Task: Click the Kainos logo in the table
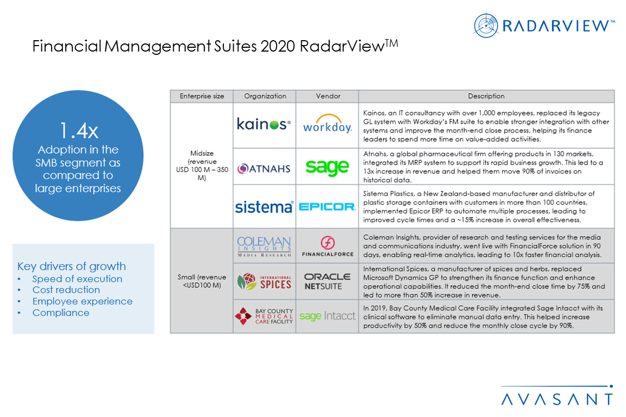(264, 124)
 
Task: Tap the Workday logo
(327, 124)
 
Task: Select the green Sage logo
(327, 167)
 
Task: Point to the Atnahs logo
(264, 168)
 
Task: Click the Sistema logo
(264, 207)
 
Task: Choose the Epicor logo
(327, 207)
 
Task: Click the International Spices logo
(264, 282)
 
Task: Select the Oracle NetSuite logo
(327, 281)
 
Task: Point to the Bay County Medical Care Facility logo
(264, 316)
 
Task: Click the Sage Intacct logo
(327, 316)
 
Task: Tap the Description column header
(486, 96)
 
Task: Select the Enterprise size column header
(202, 96)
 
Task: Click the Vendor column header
(328, 96)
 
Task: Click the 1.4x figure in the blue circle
(79, 131)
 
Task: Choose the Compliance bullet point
(61, 313)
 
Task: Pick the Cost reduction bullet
(66, 290)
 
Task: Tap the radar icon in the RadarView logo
(485, 26)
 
